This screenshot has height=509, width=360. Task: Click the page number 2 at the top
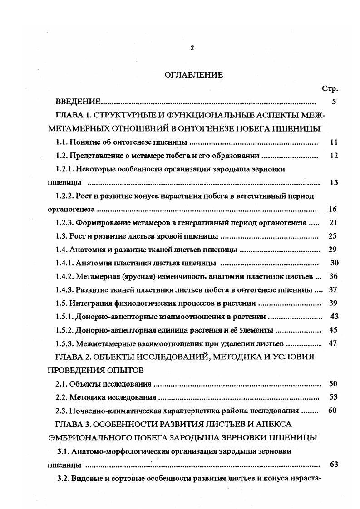point(192,48)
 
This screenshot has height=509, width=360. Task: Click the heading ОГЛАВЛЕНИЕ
point(194,75)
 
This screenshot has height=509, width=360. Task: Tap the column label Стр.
point(330,88)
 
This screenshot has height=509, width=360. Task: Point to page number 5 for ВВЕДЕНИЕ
point(334,102)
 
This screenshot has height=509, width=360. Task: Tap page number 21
point(333,223)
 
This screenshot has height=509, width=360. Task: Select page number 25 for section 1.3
point(333,236)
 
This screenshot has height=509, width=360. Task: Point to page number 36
point(333,276)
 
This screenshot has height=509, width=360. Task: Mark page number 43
point(333,316)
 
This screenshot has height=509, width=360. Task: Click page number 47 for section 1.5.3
point(333,343)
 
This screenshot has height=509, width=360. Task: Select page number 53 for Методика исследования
point(333,397)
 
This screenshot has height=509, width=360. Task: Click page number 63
point(333,465)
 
